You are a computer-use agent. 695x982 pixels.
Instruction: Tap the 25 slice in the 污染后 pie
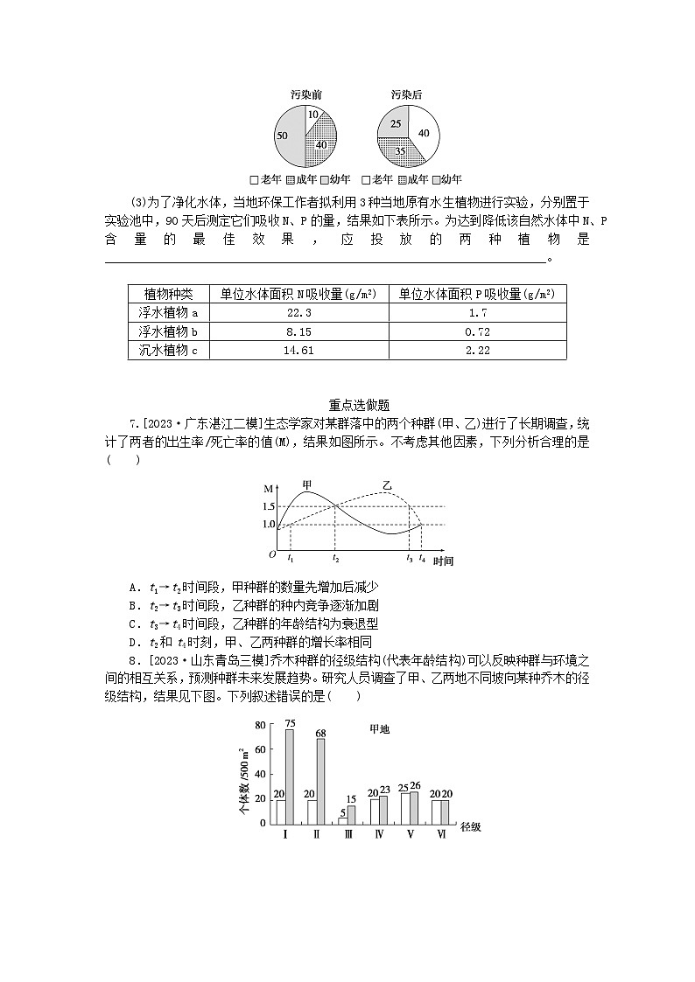coord(396,123)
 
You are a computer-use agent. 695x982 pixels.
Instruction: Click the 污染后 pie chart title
coord(406,94)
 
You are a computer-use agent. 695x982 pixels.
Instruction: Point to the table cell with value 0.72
coord(477,331)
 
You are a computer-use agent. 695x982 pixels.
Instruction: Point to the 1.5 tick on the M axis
coord(268,506)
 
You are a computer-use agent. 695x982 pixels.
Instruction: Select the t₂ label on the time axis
coord(335,558)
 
